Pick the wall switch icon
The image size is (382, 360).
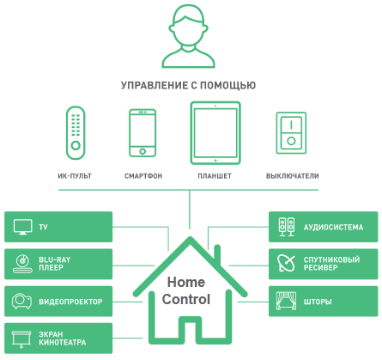(291, 133)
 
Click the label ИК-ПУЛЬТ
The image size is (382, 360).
(75, 176)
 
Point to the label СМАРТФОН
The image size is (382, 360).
(143, 176)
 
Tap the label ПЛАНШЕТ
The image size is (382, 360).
(215, 176)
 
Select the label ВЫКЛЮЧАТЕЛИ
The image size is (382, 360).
(293, 176)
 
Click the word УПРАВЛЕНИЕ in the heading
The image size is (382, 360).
(155, 85)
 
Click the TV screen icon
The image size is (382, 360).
(22, 227)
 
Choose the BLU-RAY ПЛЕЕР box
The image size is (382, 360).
(58, 264)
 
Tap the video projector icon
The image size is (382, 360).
(21, 302)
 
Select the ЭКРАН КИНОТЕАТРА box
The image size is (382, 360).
(58, 339)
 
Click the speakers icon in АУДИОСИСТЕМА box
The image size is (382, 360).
(287, 227)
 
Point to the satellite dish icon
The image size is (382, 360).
(286, 263)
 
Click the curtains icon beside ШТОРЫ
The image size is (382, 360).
(286, 301)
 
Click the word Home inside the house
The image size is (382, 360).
(186, 282)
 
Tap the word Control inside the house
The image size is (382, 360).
(186, 299)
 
